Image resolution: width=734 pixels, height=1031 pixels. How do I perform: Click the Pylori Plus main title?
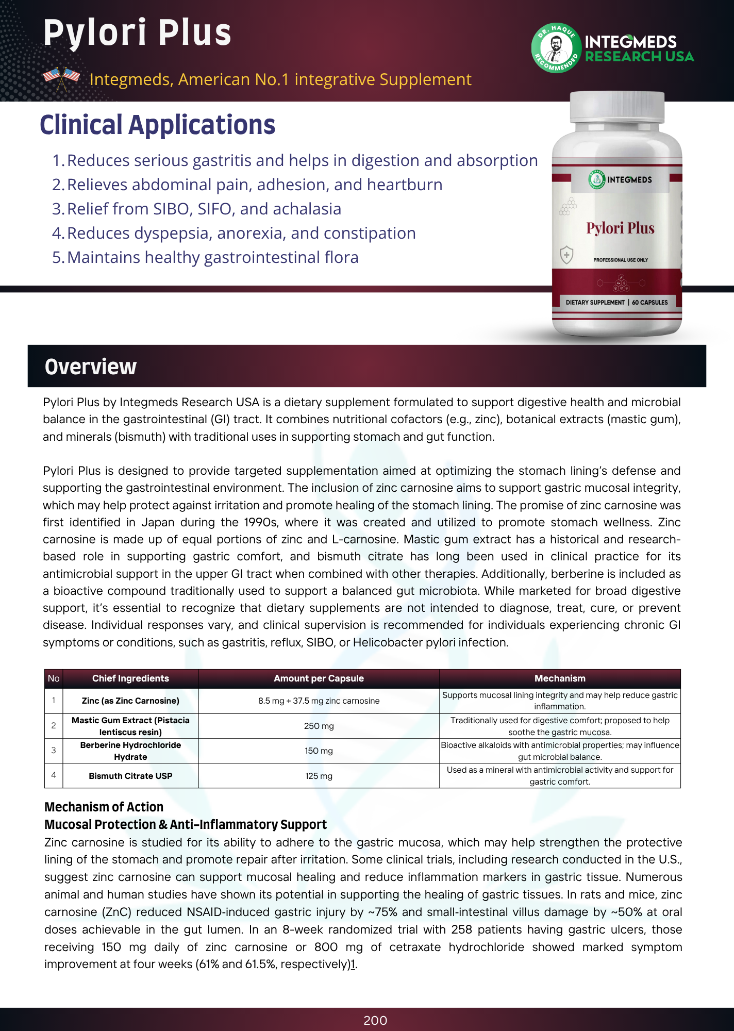coord(137,32)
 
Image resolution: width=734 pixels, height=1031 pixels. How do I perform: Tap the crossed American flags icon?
coord(61,78)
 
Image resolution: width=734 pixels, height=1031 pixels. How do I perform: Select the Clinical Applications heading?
coord(157,125)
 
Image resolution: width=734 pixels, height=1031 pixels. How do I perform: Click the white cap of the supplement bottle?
coord(617,107)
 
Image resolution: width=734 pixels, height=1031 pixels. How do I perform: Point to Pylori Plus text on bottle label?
coord(620,228)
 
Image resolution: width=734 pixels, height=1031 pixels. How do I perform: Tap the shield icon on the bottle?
coord(566,255)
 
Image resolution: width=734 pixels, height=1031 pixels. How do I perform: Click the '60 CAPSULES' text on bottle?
coord(649,303)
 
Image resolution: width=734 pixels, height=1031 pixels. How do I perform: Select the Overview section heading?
coord(91,367)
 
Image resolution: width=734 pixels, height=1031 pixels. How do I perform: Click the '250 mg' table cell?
coord(319,726)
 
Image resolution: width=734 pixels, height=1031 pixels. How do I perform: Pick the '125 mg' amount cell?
coord(319,776)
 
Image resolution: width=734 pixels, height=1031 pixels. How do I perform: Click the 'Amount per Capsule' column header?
coord(319,678)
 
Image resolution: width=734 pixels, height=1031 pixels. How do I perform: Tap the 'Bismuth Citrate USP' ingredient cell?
coord(130,776)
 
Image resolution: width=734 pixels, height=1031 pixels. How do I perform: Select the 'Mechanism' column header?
coord(560,678)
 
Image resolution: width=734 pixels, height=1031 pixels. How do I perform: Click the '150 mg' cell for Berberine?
coord(319,751)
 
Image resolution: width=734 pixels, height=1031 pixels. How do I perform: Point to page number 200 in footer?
coord(375,1020)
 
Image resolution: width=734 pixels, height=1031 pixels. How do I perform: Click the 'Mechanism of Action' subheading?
coord(104,807)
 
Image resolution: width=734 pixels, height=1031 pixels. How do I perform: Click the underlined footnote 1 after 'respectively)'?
coord(353,965)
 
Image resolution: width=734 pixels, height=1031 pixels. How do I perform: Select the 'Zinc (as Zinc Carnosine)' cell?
coord(130,701)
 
